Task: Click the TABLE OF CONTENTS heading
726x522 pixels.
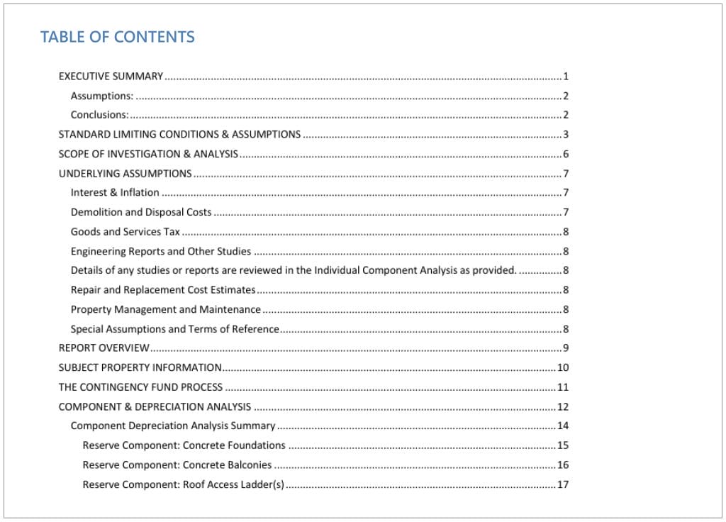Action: [x=117, y=37]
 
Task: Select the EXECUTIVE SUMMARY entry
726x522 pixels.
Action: [x=111, y=76]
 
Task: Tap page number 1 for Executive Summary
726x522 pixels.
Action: [x=566, y=76]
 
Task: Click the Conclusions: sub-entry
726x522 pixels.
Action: [x=99, y=115]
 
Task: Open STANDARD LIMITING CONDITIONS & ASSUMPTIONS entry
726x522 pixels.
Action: [x=179, y=134]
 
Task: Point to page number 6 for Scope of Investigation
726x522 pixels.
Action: [x=566, y=154]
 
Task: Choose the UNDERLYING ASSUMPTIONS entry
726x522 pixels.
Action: [x=125, y=173]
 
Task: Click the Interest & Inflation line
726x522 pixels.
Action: [x=115, y=192]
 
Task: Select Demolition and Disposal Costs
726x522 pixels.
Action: [x=141, y=212]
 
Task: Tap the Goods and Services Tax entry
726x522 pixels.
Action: [x=125, y=231]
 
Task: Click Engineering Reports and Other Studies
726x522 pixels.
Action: [x=161, y=251]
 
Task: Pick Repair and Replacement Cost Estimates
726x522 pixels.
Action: [x=163, y=289]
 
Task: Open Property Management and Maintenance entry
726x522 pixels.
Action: [x=166, y=309]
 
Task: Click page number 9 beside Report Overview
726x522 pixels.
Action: [x=566, y=348]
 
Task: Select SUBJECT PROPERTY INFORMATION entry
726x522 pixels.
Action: [x=140, y=367]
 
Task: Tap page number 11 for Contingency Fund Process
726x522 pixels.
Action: [x=563, y=387]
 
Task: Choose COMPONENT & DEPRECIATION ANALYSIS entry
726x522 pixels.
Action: [x=155, y=406]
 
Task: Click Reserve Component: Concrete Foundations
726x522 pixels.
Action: [x=184, y=445]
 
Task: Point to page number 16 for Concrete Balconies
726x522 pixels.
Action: [x=563, y=465]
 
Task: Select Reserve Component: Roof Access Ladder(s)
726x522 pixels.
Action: [x=183, y=484]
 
